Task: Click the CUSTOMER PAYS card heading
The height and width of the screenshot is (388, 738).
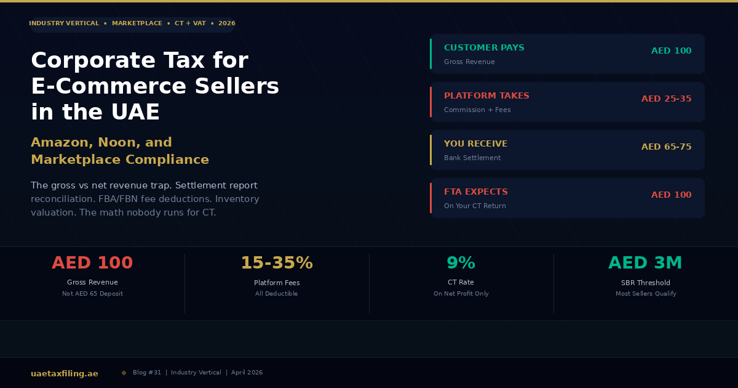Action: point(484,48)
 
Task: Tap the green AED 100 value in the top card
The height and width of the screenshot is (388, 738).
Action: point(671,51)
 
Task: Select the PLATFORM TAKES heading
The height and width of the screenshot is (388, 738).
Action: point(486,96)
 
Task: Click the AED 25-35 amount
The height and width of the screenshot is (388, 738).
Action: point(666,99)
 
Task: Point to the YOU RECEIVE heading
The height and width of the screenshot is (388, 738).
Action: point(475,144)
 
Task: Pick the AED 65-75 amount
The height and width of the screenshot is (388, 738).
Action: point(666,147)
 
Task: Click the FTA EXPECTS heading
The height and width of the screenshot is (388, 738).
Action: point(475,192)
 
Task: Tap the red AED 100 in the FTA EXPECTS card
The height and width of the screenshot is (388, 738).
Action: point(671,195)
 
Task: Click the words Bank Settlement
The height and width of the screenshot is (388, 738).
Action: point(472,158)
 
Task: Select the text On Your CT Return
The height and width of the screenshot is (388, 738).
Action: point(475,206)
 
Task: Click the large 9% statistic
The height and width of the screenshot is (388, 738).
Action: point(461,263)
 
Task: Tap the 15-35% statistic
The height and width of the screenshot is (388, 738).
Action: point(276,263)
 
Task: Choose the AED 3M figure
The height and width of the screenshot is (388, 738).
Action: point(645,263)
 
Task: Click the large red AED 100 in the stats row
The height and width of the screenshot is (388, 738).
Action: point(92,263)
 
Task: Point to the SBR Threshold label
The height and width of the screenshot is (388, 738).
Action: point(645,283)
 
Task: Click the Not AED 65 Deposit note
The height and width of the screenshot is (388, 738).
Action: point(92,294)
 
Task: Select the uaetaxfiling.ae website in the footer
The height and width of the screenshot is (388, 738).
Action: point(65,373)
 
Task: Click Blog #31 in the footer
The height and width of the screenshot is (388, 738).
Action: point(147,373)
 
